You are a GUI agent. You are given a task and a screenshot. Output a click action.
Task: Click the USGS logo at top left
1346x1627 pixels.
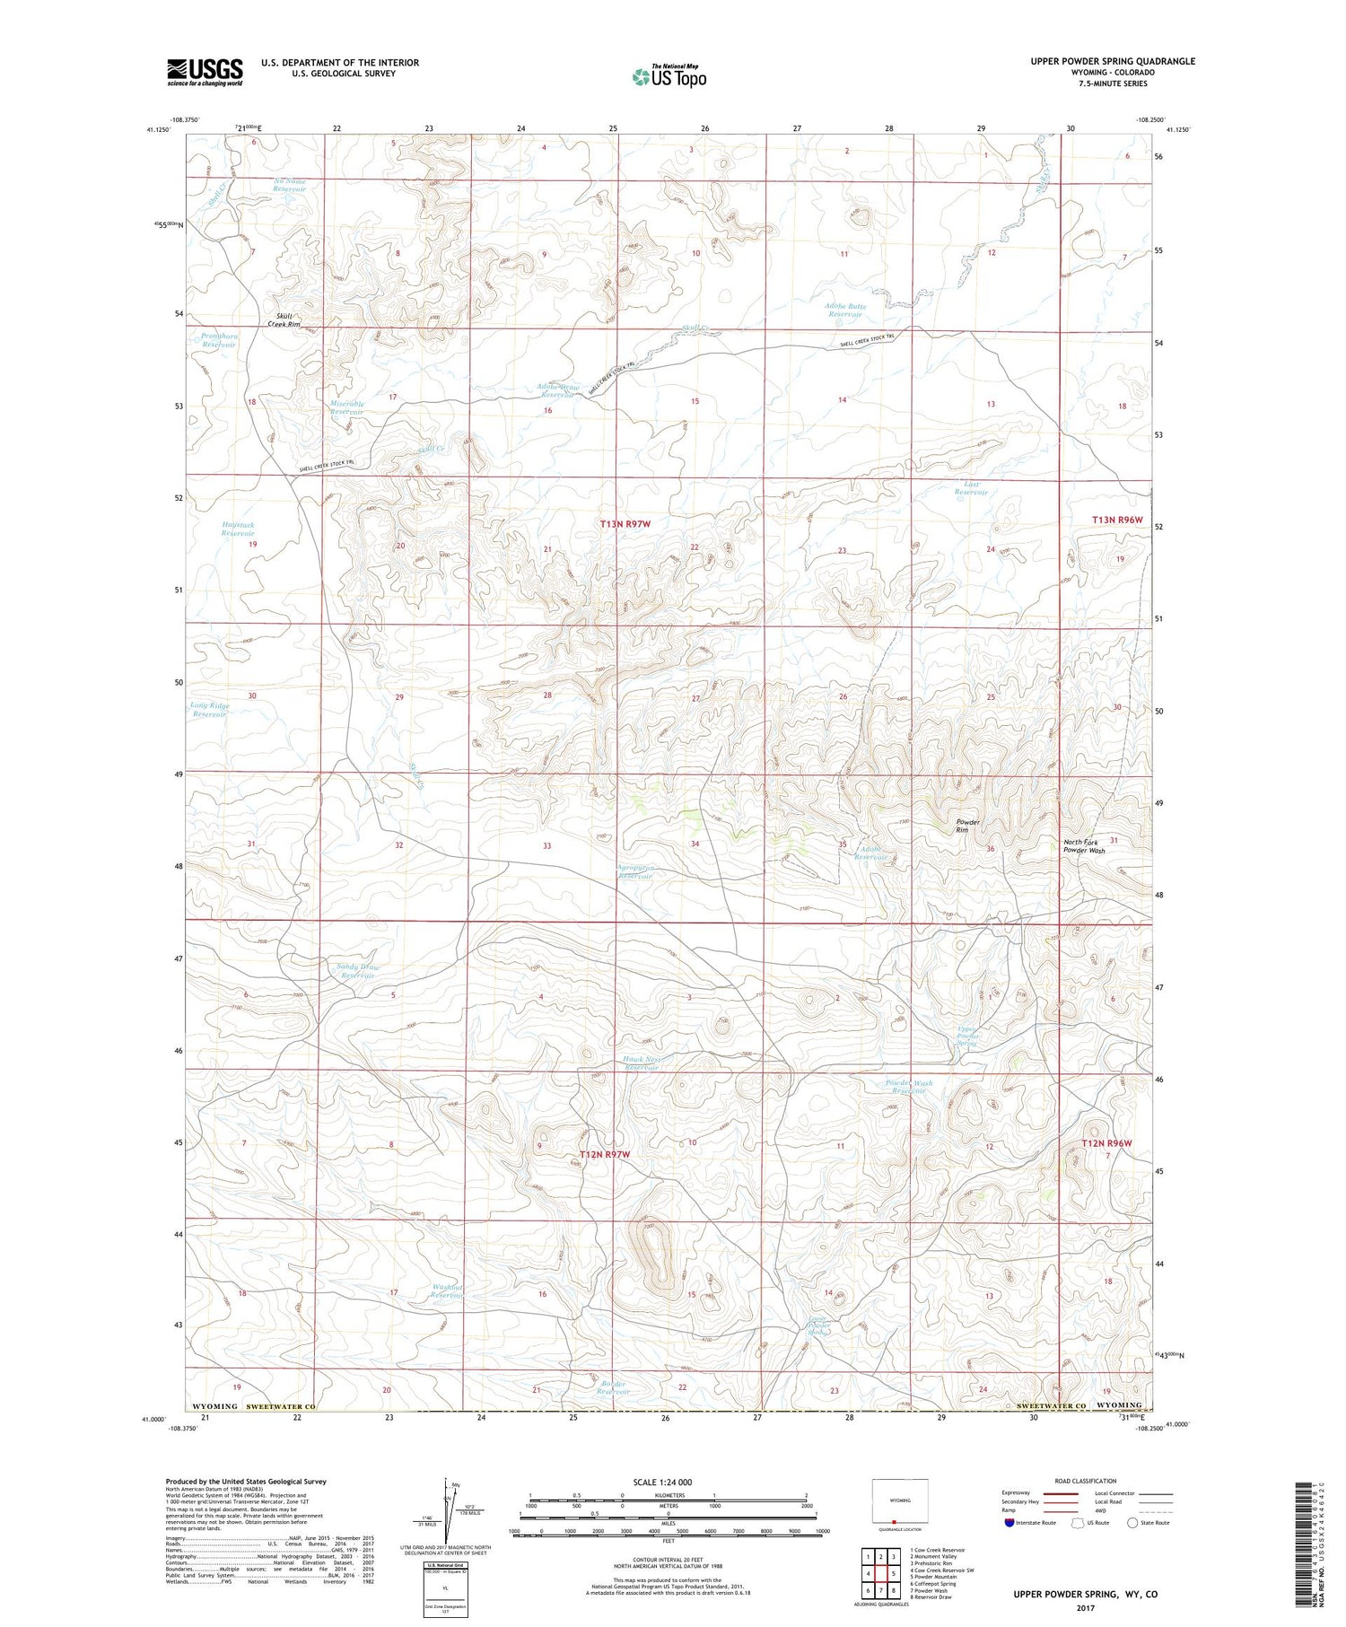point(205,71)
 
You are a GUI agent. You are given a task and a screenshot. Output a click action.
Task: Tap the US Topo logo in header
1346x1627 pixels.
point(669,77)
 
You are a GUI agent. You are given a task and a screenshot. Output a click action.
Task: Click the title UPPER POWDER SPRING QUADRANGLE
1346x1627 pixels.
point(1114,61)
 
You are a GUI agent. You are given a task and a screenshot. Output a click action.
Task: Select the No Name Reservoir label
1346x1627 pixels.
point(290,185)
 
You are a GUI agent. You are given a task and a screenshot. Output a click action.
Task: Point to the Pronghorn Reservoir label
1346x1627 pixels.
point(220,340)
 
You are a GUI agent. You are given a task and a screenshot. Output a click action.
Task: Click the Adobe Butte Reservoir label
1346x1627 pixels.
point(845,311)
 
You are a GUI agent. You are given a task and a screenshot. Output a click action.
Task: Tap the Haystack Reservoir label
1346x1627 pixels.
point(238,529)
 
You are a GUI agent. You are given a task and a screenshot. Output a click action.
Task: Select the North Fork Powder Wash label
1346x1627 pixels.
point(1084,845)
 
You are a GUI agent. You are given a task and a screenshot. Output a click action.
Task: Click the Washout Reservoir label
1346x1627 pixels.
point(447,1291)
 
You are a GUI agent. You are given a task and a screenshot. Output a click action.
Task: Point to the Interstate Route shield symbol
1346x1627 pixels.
point(1010,1523)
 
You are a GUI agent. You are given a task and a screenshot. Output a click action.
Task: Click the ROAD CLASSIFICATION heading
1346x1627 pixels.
point(1086,1481)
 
